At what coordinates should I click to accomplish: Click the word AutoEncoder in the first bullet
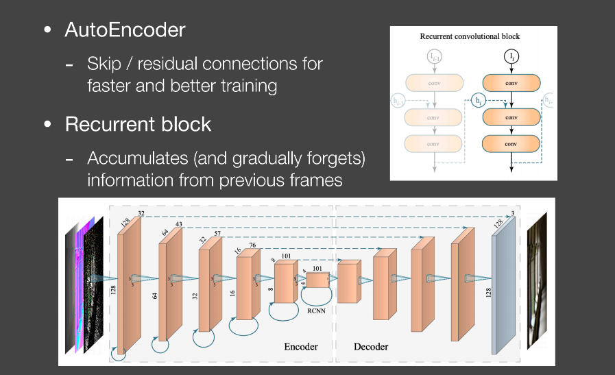click(x=125, y=30)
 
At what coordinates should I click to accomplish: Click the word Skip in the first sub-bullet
click(x=104, y=64)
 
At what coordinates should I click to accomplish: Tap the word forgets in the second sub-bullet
click(x=336, y=158)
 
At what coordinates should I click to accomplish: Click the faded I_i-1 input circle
click(x=433, y=56)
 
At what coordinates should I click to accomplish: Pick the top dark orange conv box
click(x=511, y=84)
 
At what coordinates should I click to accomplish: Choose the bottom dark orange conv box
click(x=511, y=145)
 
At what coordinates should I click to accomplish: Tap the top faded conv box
click(x=433, y=84)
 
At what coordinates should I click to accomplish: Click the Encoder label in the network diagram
click(x=301, y=346)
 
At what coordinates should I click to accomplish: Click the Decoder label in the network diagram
click(x=371, y=346)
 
